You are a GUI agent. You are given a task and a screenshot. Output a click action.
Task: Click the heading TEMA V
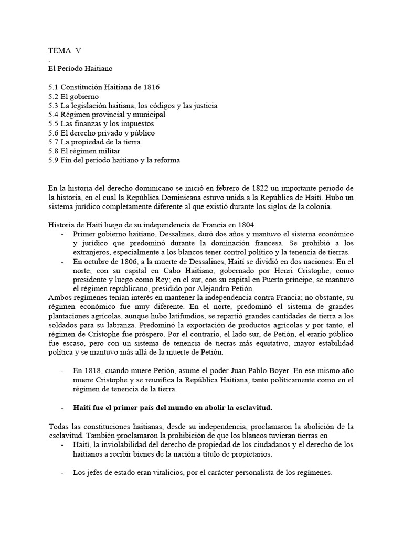65,51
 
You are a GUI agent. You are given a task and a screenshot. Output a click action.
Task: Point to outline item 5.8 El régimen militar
83,151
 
